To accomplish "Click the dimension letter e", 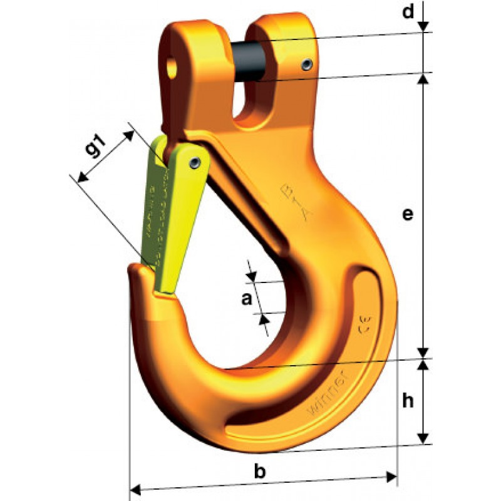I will (x=407, y=215).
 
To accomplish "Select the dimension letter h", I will (x=408, y=401).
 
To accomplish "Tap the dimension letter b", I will (x=259, y=472).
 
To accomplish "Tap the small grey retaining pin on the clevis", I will (x=306, y=65).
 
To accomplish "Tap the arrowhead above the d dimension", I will (x=424, y=25).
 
